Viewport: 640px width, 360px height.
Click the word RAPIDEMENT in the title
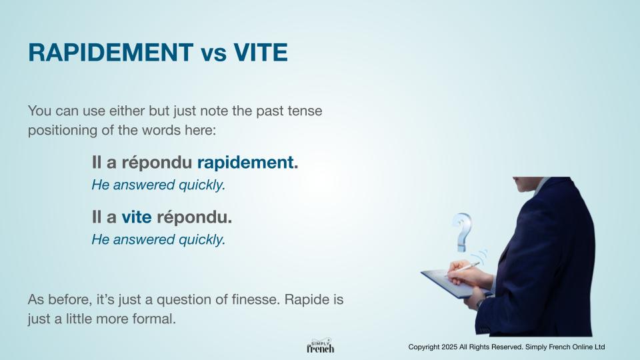tap(111, 52)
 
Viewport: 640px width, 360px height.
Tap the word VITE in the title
tap(261, 52)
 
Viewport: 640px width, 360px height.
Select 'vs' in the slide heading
tap(213, 54)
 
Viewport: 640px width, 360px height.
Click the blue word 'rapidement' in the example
tap(245, 163)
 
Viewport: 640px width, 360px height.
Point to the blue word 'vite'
tap(136, 217)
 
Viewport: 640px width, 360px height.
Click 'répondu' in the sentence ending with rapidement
tap(157, 163)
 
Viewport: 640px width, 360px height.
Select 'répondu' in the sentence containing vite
tap(192, 217)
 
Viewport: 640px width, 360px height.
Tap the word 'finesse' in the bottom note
tap(255, 299)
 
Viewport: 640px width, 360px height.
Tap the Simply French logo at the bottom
tap(321, 346)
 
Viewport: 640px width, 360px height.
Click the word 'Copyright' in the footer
tap(424, 347)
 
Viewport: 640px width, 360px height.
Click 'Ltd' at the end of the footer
tap(599, 347)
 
